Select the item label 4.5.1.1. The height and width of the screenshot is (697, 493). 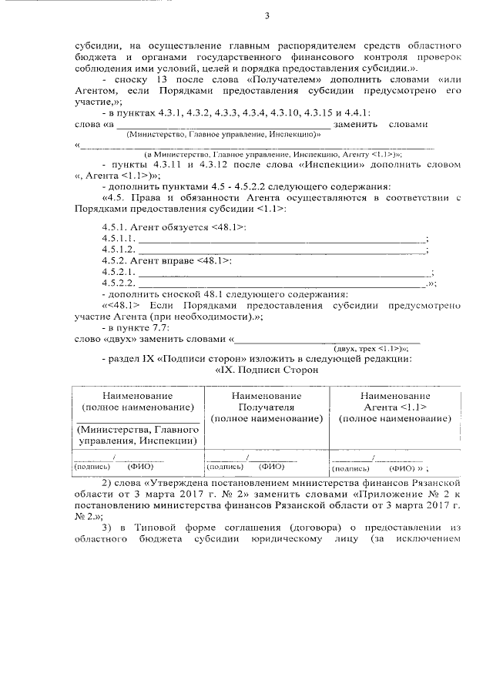pos(117,240)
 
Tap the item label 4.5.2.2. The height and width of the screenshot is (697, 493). pos(117,283)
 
